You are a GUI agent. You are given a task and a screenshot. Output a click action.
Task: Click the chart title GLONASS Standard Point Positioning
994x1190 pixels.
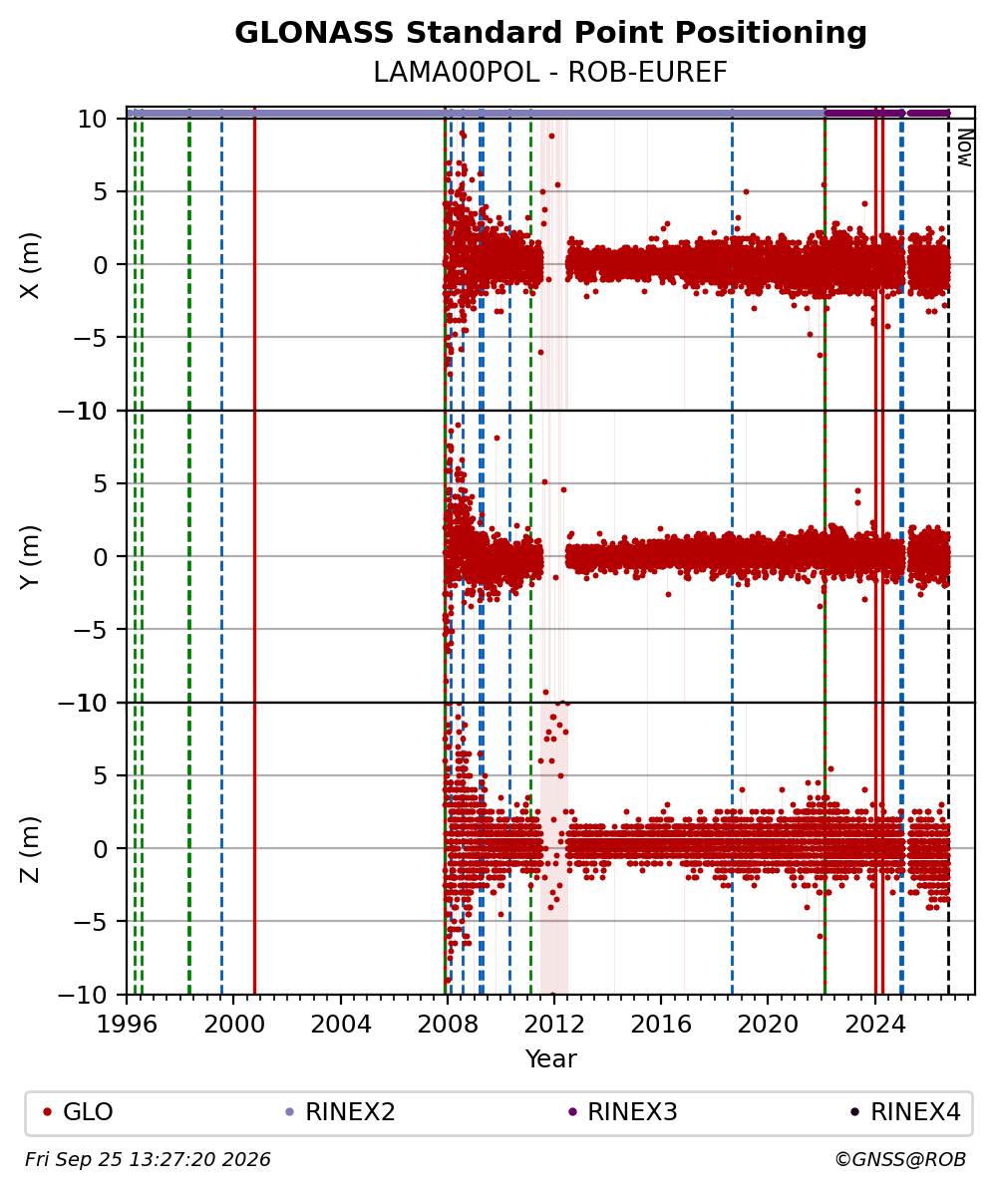(x=550, y=34)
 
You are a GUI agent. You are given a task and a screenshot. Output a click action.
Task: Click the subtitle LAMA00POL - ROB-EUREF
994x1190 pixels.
(x=550, y=73)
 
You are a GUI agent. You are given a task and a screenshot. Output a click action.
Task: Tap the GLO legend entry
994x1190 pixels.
(x=78, y=1112)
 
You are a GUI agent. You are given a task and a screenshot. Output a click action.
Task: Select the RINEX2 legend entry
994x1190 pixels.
(x=340, y=1112)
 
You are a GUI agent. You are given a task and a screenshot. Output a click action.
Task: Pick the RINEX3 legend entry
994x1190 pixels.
(x=623, y=1112)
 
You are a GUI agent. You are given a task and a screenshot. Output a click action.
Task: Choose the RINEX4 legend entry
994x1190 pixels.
(x=905, y=1112)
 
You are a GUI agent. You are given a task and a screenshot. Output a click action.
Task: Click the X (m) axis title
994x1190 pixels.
(x=30, y=265)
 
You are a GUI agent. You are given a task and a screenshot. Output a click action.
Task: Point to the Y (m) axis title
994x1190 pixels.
(x=30, y=557)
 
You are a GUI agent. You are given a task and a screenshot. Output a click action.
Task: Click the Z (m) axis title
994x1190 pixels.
(x=30, y=849)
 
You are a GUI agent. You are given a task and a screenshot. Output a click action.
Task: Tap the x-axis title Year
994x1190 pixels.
(x=550, y=1058)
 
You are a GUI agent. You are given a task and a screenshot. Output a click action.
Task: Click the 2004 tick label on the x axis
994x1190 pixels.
(x=340, y=1025)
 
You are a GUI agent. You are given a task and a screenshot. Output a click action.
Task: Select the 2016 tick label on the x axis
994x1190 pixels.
(x=661, y=1025)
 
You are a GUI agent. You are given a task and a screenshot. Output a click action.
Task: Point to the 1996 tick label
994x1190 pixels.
(x=127, y=1025)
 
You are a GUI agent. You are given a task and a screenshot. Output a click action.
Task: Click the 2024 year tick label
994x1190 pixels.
(x=874, y=1025)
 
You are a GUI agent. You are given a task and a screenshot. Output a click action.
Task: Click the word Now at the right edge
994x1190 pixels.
(x=964, y=148)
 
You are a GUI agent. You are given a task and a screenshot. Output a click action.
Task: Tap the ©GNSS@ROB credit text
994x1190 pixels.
(x=900, y=1159)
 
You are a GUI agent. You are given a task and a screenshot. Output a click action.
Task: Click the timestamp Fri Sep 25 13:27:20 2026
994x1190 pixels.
(x=148, y=1159)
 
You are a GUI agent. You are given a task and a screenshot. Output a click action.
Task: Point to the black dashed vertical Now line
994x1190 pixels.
(x=948, y=556)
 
